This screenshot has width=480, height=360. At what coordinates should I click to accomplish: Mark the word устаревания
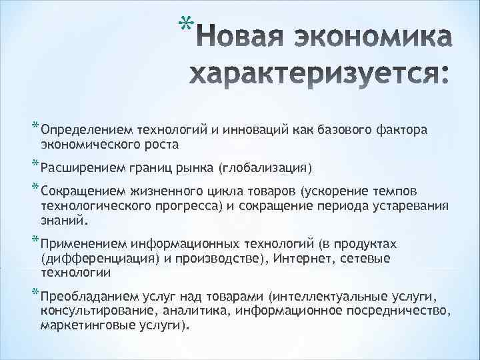point(410,205)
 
